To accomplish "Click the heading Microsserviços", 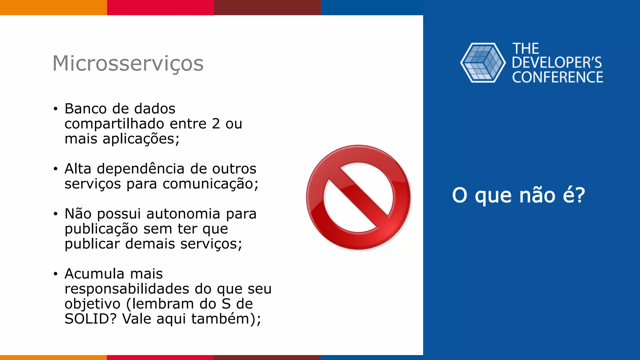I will [x=128, y=63].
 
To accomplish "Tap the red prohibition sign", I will [x=358, y=197].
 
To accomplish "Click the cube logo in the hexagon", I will [x=483, y=63].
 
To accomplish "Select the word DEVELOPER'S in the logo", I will [x=557, y=63].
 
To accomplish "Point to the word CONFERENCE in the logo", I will [x=557, y=77].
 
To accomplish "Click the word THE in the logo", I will [x=526, y=49].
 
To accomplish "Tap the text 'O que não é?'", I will [x=518, y=195].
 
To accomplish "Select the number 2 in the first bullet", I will [x=216, y=124].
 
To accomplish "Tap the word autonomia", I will [x=183, y=214].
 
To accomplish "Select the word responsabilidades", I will [x=127, y=289].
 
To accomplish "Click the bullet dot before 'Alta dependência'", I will [x=56, y=169].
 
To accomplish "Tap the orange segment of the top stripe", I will [x=53, y=7].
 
